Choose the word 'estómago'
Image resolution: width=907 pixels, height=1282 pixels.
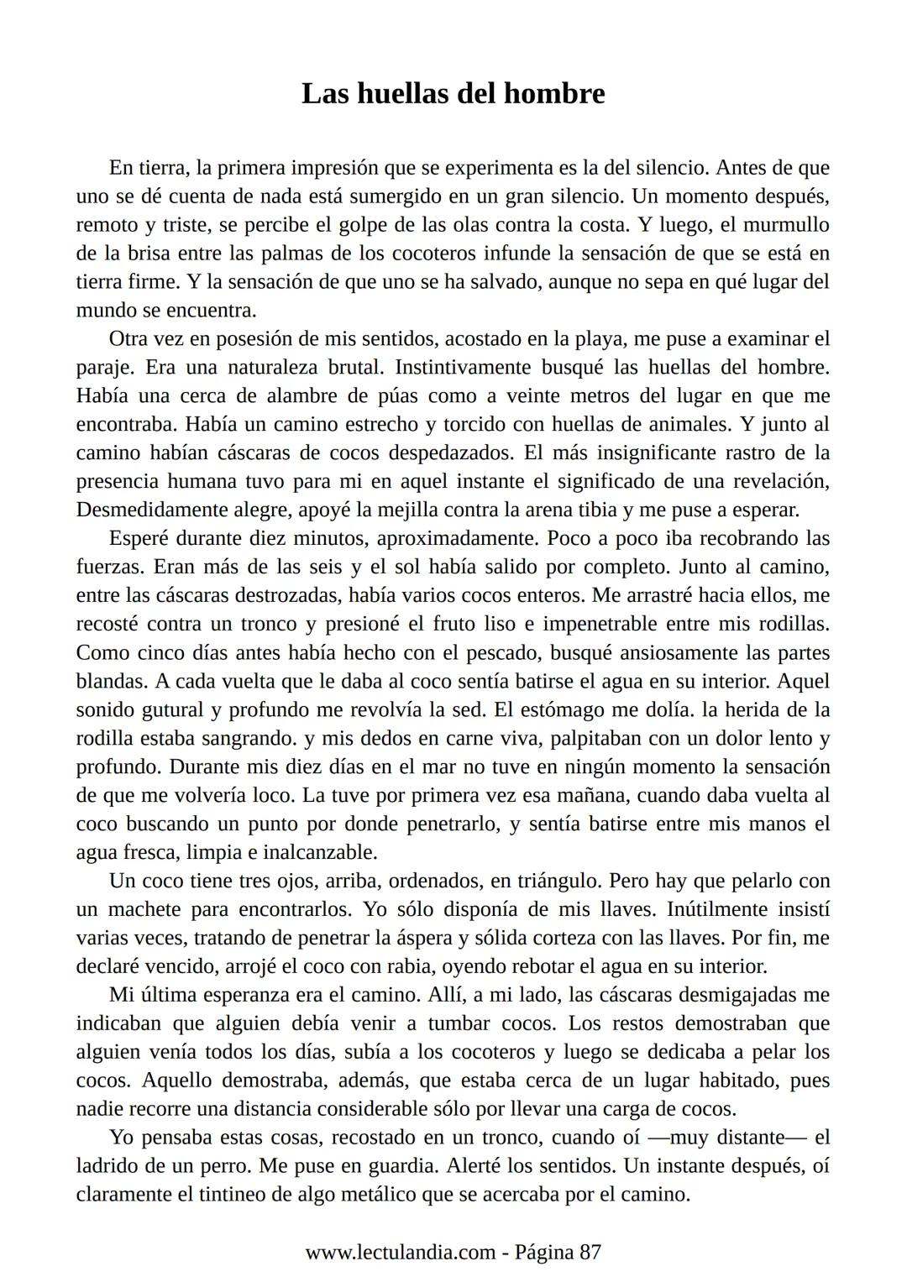(569, 710)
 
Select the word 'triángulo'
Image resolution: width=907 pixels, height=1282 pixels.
(554, 882)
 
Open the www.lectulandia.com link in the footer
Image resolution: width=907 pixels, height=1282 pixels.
(400, 1253)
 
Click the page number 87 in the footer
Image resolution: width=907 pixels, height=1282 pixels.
(590, 1253)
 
